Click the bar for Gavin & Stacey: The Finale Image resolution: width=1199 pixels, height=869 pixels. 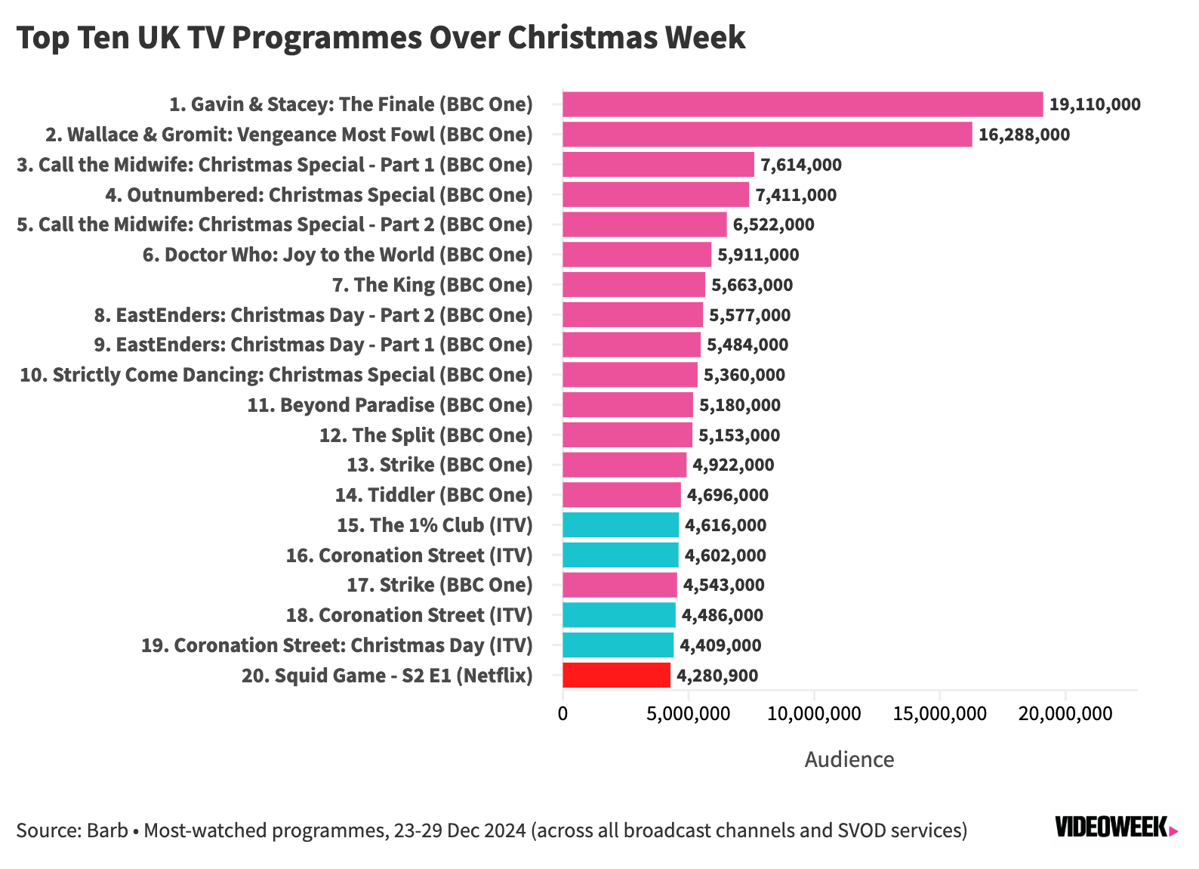[x=802, y=104]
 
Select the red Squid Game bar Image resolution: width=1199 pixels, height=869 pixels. [x=616, y=675]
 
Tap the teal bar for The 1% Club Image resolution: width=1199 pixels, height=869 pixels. [x=620, y=525]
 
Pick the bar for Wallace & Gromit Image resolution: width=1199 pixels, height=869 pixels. [x=766, y=135]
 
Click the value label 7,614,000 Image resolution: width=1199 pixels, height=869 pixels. [x=800, y=165]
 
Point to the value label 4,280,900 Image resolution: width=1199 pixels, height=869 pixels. [x=717, y=676]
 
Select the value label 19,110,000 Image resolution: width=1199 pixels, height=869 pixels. [x=1094, y=104]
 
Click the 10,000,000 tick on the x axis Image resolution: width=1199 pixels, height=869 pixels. [x=813, y=713]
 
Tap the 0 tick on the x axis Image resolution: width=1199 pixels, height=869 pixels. [x=563, y=713]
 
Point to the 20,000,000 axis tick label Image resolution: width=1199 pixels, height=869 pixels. [x=1065, y=713]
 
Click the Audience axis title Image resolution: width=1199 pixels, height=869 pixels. [x=849, y=759]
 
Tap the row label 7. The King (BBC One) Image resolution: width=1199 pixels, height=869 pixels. [x=432, y=285]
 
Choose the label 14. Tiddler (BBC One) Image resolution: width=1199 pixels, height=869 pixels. [x=433, y=495]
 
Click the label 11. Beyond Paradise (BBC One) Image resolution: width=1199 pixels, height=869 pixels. [x=390, y=405]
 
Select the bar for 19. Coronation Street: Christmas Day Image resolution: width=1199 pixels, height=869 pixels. [x=618, y=645]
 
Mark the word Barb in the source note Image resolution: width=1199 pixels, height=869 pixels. [x=107, y=830]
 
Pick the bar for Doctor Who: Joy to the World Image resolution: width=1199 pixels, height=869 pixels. [x=636, y=255]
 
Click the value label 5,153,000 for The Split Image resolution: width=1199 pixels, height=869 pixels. [x=738, y=435]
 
